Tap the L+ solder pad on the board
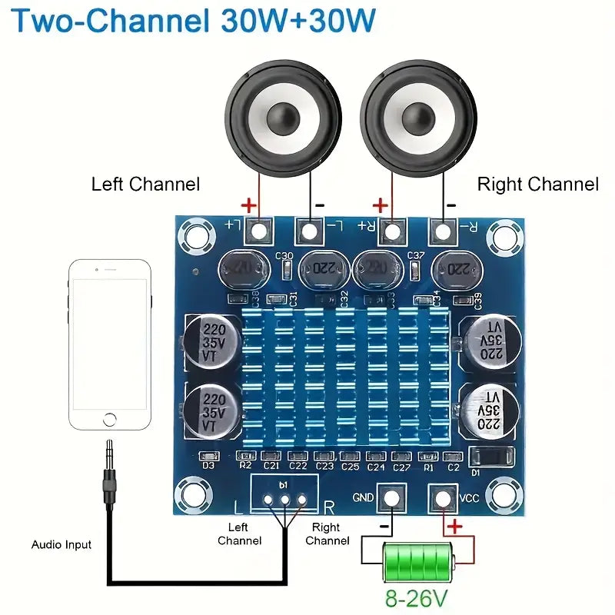pyautogui.click(x=261, y=229)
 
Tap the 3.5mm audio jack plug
pyautogui.click(x=111, y=477)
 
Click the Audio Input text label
pyautogui.click(x=61, y=545)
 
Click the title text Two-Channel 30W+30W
pyautogui.click(x=194, y=21)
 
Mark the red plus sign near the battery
pyautogui.click(x=454, y=527)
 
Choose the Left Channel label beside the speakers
pyautogui.click(x=145, y=184)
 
